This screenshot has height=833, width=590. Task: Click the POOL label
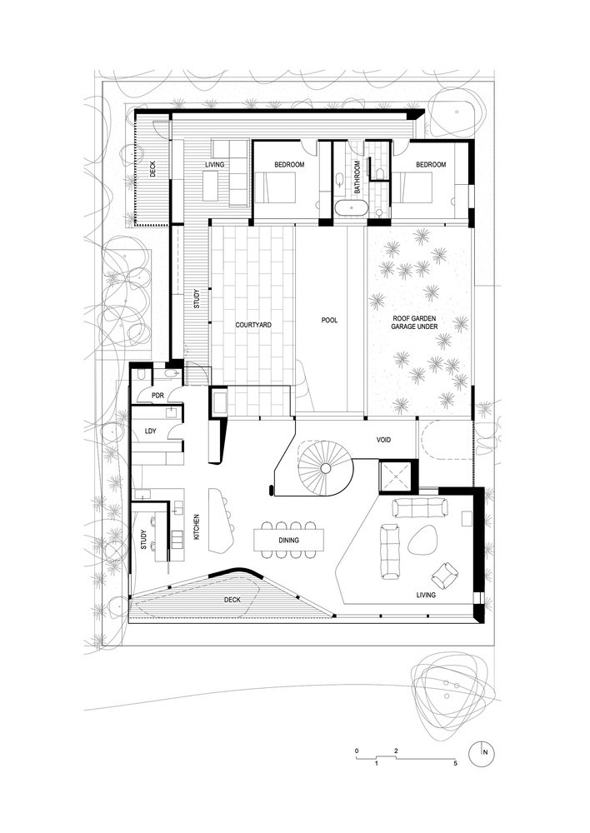pos(329,321)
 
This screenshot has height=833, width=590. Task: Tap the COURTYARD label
pos(253,325)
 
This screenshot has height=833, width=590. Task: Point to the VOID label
pos(383,440)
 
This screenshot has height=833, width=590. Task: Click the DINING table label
pos(288,541)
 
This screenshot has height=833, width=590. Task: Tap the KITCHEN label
pos(196,527)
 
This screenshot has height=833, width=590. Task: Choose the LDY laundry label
pos(151,431)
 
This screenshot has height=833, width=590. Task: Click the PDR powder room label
pos(157,396)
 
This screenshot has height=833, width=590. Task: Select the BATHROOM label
pos(357,177)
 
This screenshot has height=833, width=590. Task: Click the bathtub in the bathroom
pos(351,208)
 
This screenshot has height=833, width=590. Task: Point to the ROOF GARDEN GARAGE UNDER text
pos(415,322)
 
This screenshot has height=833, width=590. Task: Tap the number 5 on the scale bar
pos(455,763)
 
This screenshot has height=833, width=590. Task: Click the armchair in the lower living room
pos(444,575)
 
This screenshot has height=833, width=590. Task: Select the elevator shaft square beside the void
pos(396,477)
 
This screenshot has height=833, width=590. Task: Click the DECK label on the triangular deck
pos(232,600)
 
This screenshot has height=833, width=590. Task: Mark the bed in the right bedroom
pos(412,187)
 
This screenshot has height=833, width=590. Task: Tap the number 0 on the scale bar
pos(357,751)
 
